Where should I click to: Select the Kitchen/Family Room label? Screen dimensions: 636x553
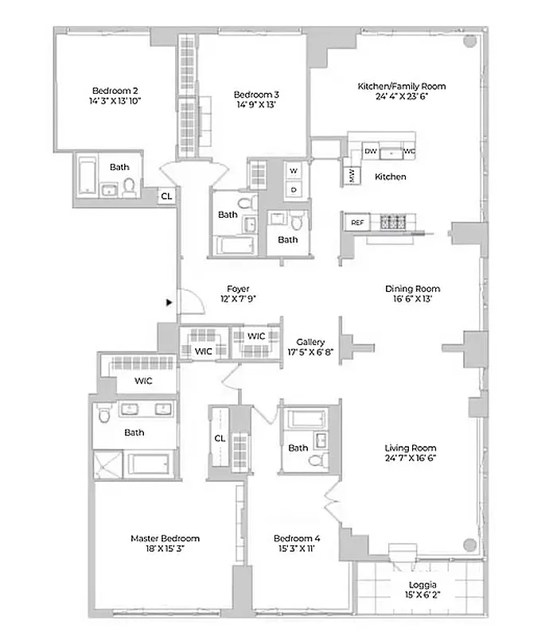[x=401, y=86]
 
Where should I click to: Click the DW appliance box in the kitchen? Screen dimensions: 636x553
[x=370, y=150]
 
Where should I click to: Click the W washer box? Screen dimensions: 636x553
[x=293, y=171]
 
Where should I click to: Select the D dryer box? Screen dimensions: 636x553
[x=293, y=189]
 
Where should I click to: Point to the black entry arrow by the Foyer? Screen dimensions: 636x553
[x=168, y=302]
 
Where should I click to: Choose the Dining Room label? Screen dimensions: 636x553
[x=412, y=289]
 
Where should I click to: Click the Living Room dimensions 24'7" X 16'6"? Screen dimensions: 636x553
[x=412, y=458]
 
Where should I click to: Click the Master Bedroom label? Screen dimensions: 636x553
[x=165, y=538]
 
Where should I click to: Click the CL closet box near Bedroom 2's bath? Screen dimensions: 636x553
[x=166, y=196]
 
